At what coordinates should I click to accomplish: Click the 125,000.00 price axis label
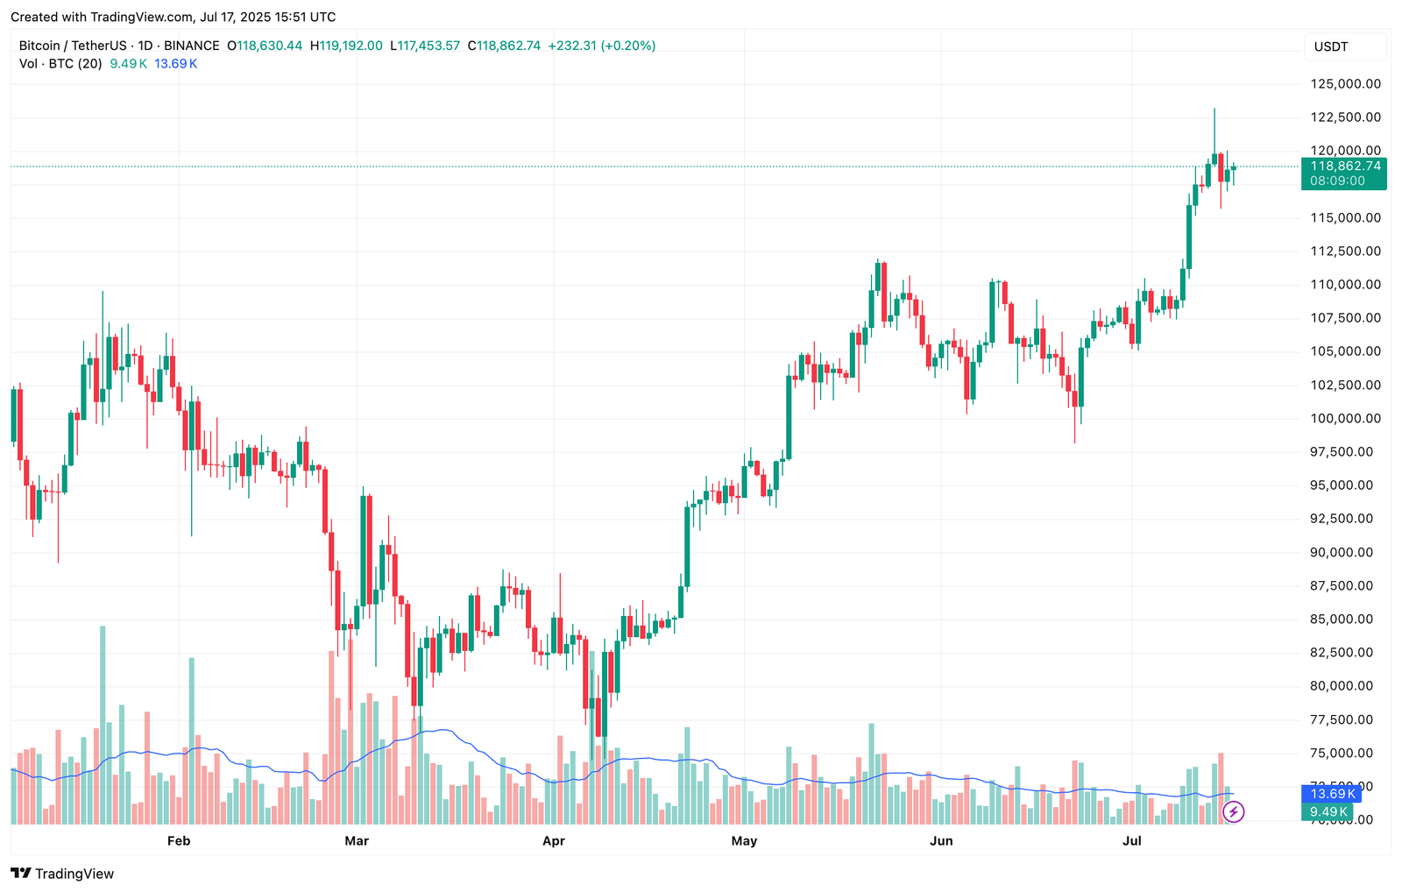point(1345,84)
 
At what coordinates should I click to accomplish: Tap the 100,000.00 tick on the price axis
point(1345,418)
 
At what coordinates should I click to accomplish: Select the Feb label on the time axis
point(179,841)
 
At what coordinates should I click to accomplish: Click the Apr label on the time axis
point(554,841)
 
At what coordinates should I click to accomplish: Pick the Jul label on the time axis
point(1132,841)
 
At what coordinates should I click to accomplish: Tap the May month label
point(744,841)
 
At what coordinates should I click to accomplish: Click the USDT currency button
point(1331,46)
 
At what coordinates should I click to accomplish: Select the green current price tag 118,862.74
point(1345,166)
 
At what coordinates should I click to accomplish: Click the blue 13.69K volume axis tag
point(1332,794)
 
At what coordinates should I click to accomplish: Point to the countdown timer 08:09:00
point(1337,181)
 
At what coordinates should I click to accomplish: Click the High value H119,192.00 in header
point(346,46)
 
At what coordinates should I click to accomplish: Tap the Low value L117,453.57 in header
point(425,46)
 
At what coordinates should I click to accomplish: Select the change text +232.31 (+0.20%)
point(602,46)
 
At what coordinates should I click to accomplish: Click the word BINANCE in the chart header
point(192,46)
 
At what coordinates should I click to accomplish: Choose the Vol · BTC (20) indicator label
point(60,64)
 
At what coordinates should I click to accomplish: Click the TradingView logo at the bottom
point(62,874)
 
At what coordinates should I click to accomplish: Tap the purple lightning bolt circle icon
point(1233,812)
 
